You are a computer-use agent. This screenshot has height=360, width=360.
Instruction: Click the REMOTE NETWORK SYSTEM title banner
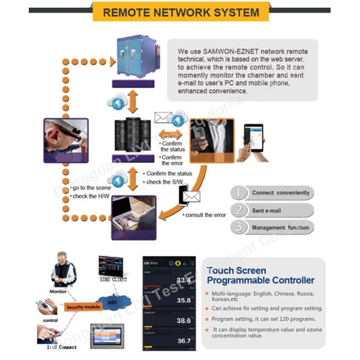pyautogui.click(x=181, y=12)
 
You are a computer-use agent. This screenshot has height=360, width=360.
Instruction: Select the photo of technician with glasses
pyautogui.click(x=66, y=141)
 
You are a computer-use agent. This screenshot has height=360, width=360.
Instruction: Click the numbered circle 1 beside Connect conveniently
pyautogui.click(x=239, y=193)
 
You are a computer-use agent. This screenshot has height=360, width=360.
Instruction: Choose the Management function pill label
pyautogui.click(x=280, y=228)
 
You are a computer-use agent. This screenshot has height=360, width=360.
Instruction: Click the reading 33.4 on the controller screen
pyautogui.click(x=183, y=280)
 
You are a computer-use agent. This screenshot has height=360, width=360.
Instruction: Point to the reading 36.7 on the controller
pyautogui.click(x=183, y=341)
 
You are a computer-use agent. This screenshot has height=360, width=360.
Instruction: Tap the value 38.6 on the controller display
pyautogui.click(x=183, y=321)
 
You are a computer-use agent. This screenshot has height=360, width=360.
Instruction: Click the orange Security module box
pyautogui.click(x=83, y=307)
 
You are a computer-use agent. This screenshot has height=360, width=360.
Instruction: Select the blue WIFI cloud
pyautogui.click(x=112, y=303)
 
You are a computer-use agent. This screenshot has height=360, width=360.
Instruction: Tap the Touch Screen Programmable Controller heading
pyautogui.click(x=260, y=275)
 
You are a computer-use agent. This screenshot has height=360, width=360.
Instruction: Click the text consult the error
pyautogui.click(x=206, y=215)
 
